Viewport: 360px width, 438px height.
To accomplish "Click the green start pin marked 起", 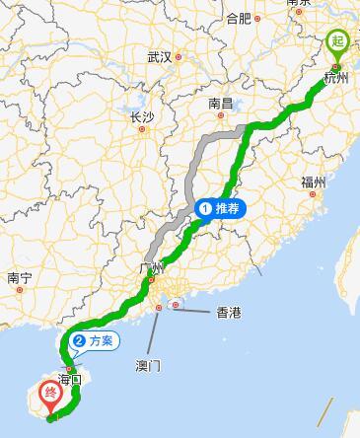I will (336, 42).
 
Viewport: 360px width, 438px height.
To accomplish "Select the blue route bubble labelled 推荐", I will (219, 208).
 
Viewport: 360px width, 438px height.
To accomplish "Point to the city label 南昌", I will (220, 103).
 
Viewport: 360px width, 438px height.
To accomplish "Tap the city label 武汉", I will (160, 57).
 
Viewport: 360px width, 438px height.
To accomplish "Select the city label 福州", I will (314, 182).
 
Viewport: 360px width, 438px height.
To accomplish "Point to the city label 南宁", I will (20, 278).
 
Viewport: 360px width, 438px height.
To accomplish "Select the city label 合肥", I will (239, 18).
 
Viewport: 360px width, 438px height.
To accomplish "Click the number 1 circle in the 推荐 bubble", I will (205, 208).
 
